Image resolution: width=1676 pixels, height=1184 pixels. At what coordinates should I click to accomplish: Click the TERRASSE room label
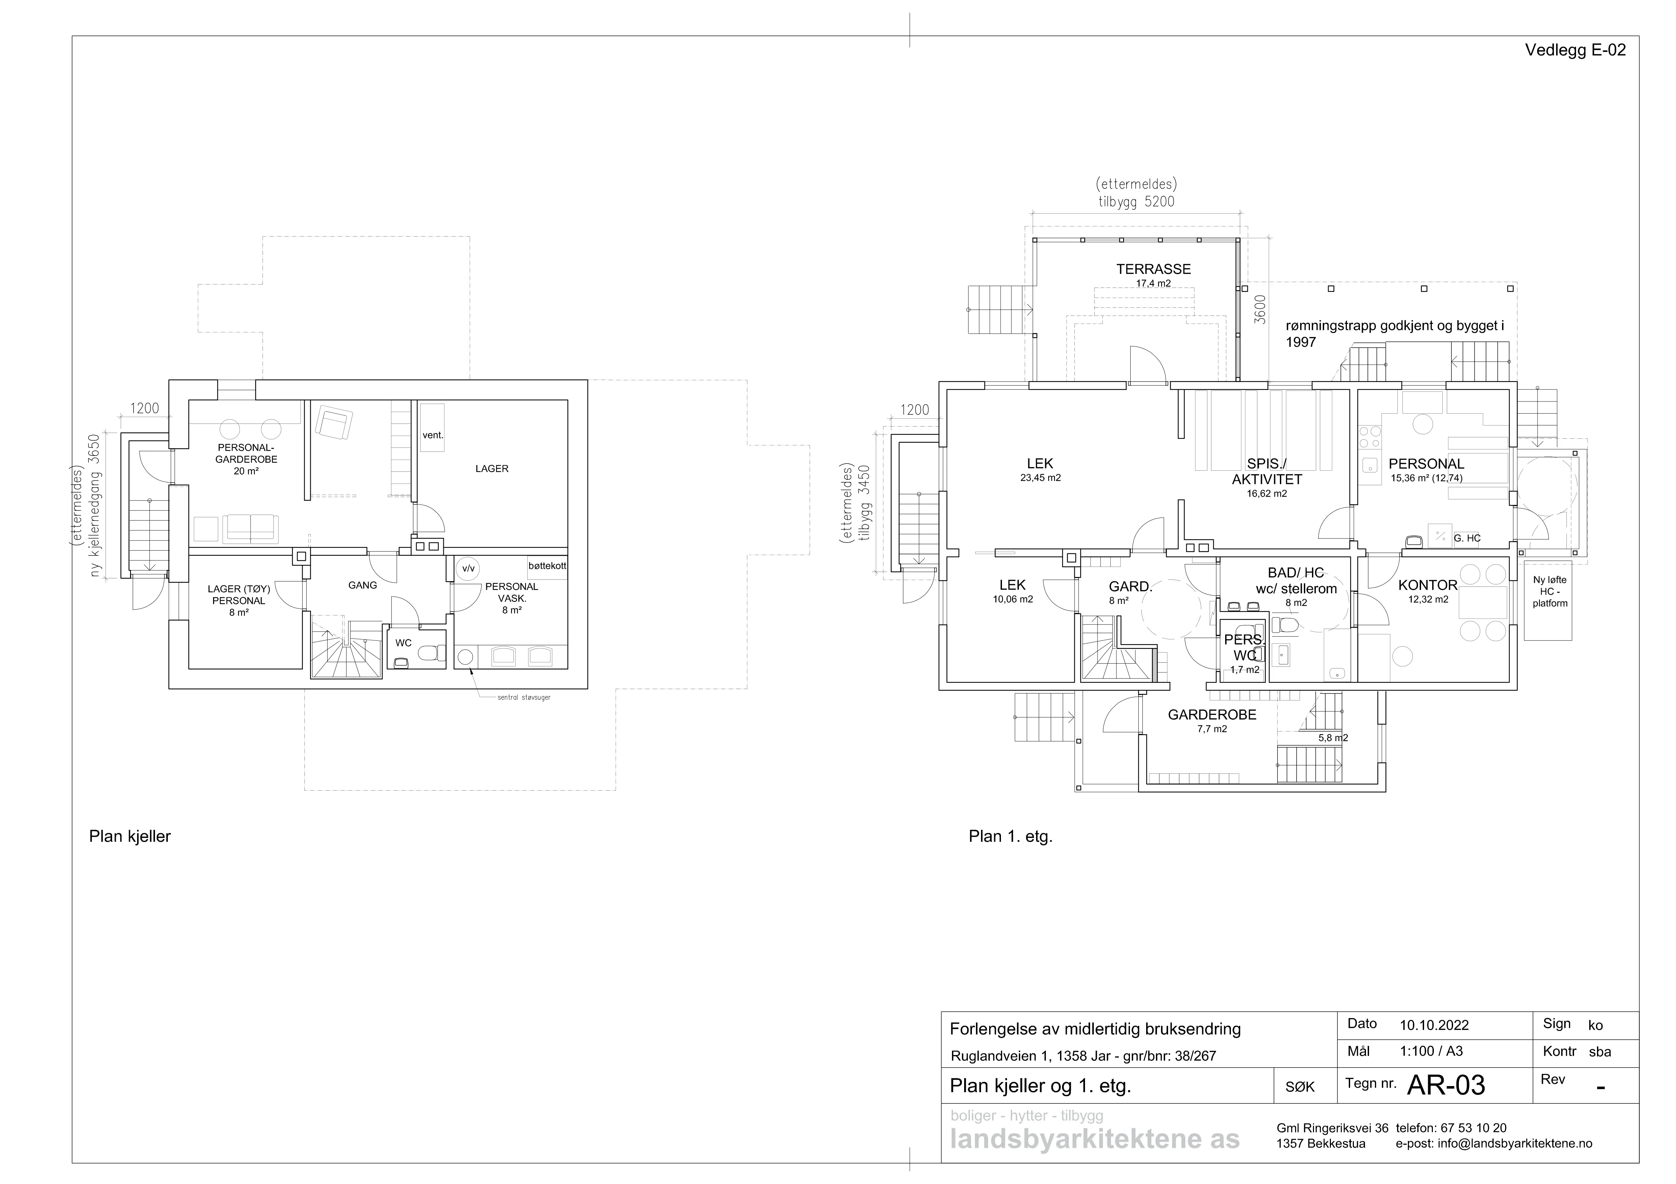click(1153, 269)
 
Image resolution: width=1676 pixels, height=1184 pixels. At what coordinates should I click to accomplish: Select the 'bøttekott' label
click(547, 566)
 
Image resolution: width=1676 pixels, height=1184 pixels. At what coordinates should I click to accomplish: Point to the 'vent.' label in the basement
click(433, 436)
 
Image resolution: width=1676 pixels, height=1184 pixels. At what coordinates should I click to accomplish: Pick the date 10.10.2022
click(1434, 1025)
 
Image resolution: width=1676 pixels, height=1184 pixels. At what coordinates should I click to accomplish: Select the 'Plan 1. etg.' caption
click(1010, 837)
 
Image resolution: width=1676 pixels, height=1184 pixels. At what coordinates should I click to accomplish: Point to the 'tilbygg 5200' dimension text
click(1137, 201)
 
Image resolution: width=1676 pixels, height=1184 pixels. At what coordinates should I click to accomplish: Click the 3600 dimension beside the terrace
click(1259, 309)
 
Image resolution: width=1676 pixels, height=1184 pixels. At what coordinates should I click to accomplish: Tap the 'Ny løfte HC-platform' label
click(1550, 591)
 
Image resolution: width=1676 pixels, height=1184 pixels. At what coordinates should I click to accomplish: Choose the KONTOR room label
click(1428, 585)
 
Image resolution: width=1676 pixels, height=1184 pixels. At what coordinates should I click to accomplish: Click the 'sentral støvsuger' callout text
click(524, 697)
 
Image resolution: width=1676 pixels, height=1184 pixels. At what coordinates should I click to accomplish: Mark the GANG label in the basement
click(363, 585)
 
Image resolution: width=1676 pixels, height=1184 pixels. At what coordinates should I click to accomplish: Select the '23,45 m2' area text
click(1040, 478)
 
